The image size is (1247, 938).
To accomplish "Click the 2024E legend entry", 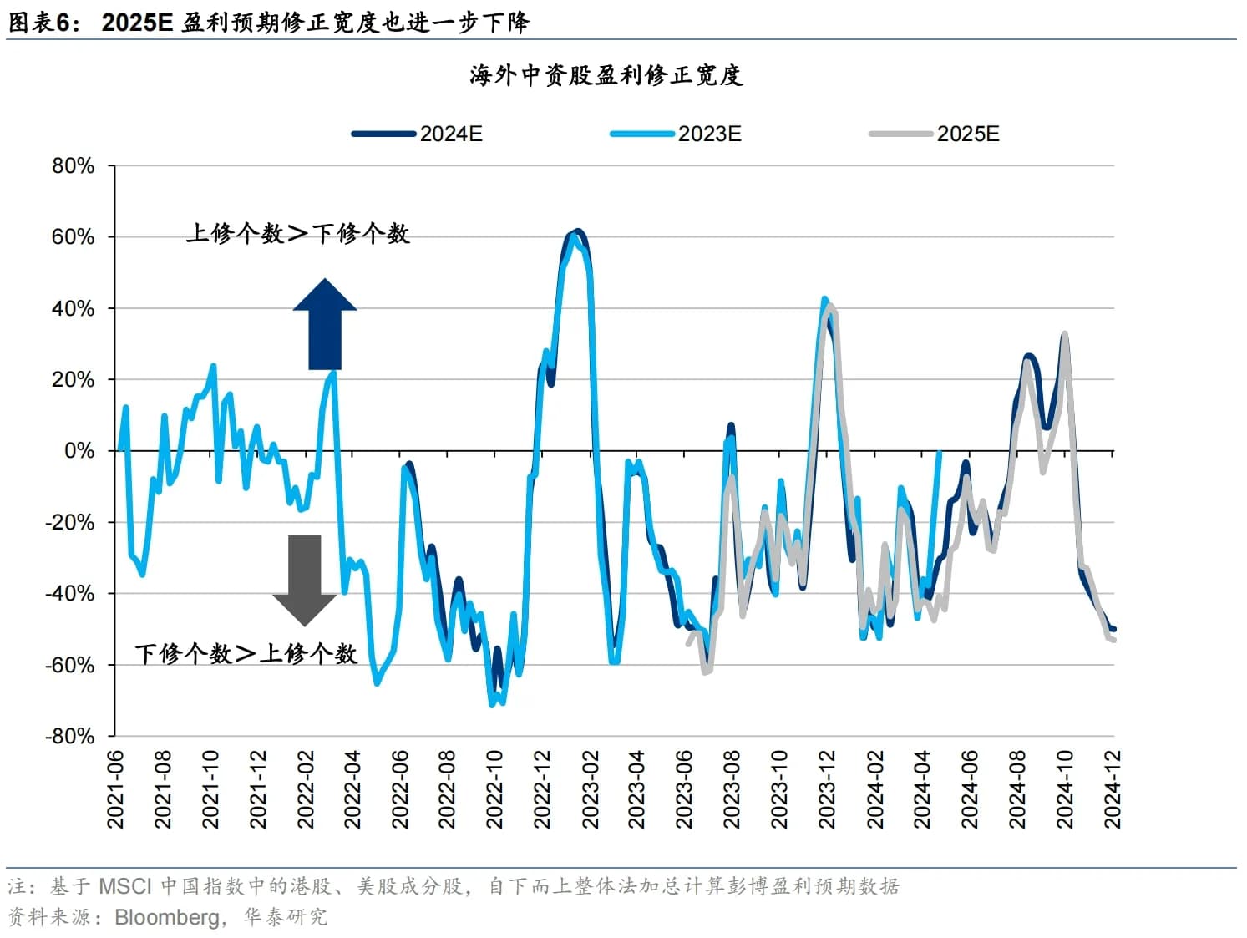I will [x=418, y=134].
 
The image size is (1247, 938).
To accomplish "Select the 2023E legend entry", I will [x=676, y=134].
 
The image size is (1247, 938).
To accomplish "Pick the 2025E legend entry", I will [x=935, y=134].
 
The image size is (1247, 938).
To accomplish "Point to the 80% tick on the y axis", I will [x=74, y=165].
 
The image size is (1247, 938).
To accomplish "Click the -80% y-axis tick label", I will [x=70, y=736].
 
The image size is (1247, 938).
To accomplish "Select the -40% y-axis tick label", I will [x=70, y=594].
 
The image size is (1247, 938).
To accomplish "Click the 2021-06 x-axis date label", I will [x=115, y=789].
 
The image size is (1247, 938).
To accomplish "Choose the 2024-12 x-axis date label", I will [x=1113, y=789].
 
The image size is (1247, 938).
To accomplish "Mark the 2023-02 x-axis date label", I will [x=591, y=789].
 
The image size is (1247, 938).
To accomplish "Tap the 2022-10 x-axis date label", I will [x=495, y=789].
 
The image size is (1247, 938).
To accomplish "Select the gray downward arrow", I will [x=305, y=580].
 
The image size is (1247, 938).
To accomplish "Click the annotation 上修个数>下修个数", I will [x=297, y=233].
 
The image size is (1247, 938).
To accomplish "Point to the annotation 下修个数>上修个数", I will [x=246, y=653].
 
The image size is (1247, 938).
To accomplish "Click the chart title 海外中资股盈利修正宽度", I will [x=606, y=75].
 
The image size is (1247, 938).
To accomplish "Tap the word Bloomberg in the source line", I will [x=167, y=917].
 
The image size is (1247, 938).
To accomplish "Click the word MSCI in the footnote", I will [x=125, y=886].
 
